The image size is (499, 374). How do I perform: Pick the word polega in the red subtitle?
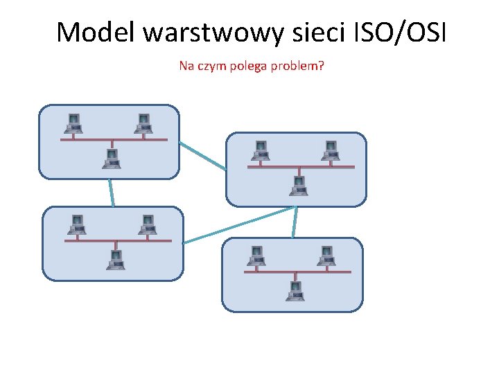pos(247,66)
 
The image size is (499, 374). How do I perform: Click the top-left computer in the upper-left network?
pos(73,124)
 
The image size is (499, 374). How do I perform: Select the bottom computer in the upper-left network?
pos(111,159)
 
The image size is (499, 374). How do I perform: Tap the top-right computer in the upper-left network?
pos(143,124)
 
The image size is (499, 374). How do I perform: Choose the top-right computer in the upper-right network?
pos(330,151)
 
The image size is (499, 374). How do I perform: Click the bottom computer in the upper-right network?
pos(299,186)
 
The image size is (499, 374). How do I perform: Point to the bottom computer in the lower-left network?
pos(115,260)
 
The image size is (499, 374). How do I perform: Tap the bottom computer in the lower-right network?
pos(295,291)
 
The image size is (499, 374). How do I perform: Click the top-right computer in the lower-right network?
pos(326,256)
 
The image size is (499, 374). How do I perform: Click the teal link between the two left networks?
pos(111,193)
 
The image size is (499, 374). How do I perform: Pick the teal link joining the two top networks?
pos(202,156)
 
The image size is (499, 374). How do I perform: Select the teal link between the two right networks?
pos(295,222)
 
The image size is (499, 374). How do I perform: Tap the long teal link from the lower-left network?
pos(239,224)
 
